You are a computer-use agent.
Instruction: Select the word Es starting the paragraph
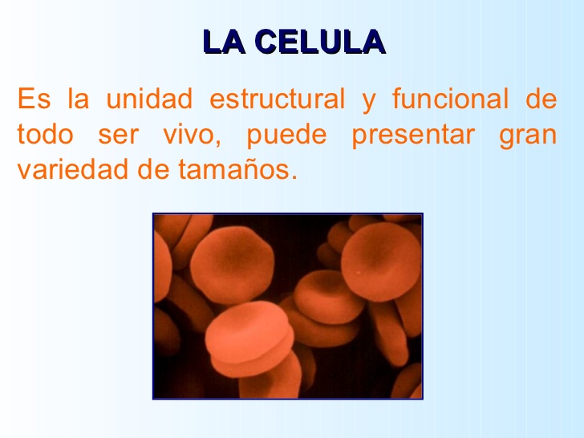[x=33, y=100]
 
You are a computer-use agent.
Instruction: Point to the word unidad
[x=150, y=100]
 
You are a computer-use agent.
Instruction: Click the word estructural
[x=276, y=100]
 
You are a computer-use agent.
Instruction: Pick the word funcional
[x=450, y=100]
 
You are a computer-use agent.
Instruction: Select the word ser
[x=120, y=135]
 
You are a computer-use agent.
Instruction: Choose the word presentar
[x=412, y=135]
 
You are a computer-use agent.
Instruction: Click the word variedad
[x=64, y=169]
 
